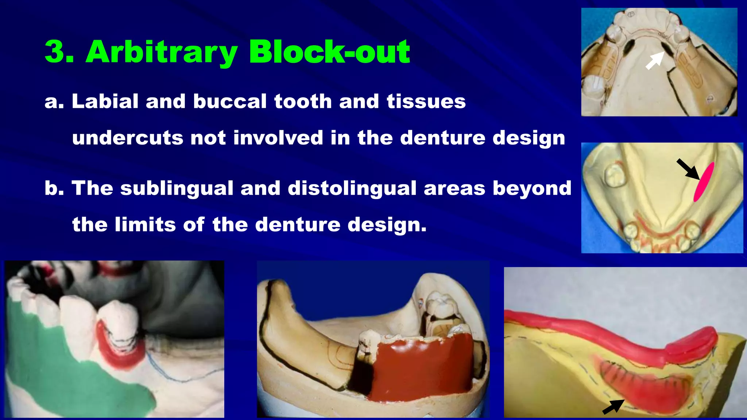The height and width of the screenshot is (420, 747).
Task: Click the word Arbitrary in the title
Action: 162,52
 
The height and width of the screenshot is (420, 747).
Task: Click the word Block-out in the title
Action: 329,52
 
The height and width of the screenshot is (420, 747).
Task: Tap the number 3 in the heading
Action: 57,52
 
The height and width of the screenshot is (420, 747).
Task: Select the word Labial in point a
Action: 105,101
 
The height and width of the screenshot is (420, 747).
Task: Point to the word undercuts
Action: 128,138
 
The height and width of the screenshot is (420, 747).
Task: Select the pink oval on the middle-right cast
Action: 704,182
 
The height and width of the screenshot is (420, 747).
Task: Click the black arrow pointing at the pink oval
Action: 688,168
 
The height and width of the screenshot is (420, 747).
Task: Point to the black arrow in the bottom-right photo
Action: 613,407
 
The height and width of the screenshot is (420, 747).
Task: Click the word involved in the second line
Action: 278,138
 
